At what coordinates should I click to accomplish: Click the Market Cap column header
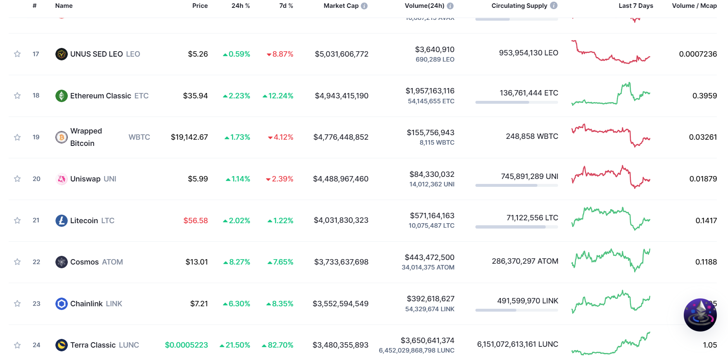click(x=341, y=6)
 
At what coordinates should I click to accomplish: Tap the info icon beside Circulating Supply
click(x=554, y=5)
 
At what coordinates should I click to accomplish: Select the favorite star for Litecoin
click(x=17, y=220)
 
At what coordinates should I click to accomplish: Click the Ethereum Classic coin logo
click(x=62, y=95)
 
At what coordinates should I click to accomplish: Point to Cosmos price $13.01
click(x=196, y=262)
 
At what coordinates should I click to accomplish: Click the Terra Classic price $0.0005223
click(x=186, y=345)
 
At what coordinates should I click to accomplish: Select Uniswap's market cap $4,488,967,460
click(x=341, y=179)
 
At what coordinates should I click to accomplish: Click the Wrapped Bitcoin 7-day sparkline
click(x=611, y=135)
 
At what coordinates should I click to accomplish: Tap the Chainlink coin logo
click(x=62, y=304)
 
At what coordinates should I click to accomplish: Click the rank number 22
click(x=36, y=262)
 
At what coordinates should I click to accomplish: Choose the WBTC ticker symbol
click(x=139, y=137)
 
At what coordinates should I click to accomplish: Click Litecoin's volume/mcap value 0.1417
click(x=706, y=221)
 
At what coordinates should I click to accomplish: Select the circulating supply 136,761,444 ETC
click(x=529, y=93)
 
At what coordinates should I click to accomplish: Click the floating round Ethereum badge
click(x=700, y=315)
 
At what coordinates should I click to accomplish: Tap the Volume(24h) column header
click(x=425, y=6)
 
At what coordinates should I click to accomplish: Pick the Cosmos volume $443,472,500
click(x=430, y=257)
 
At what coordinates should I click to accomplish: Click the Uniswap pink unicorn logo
click(x=62, y=179)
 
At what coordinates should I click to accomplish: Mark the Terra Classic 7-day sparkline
click(x=611, y=343)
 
